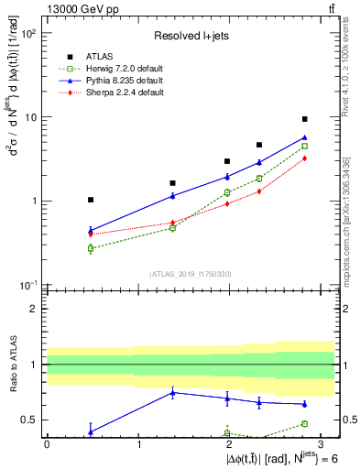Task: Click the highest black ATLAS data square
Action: tap(305, 119)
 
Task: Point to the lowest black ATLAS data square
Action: tap(91, 200)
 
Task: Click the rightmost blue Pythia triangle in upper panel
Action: tap(305, 137)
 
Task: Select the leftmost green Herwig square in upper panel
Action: tap(91, 248)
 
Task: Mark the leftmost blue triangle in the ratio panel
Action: tap(91, 431)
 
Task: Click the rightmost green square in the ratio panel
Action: tap(305, 423)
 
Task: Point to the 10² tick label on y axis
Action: tap(29, 34)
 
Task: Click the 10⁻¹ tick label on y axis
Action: tap(29, 285)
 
